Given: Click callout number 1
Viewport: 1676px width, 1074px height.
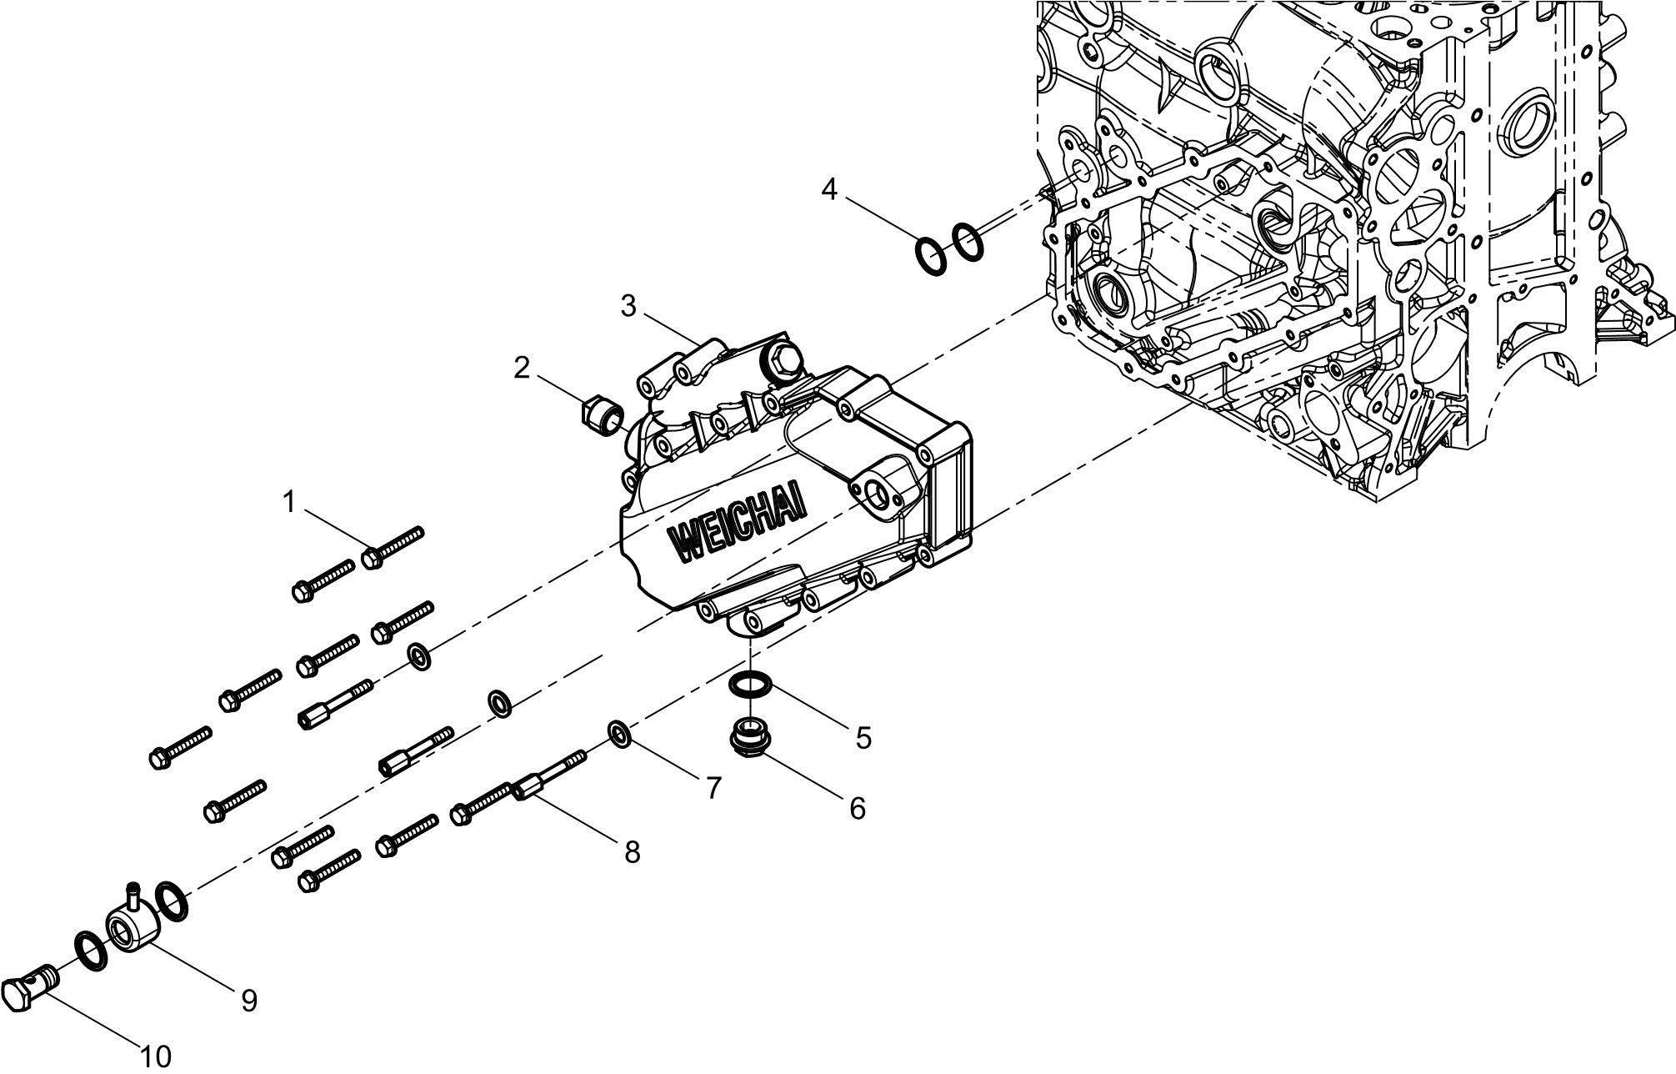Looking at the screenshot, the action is coord(288,503).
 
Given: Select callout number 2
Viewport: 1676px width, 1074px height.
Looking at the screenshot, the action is coord(522,368).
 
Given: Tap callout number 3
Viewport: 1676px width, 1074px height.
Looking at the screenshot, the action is coord(629,307).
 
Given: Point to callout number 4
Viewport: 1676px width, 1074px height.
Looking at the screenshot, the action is coord(828,190).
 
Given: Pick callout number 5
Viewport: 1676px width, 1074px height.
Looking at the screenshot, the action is coord(863,737).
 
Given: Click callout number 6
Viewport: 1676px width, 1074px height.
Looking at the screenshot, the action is coord(858,807).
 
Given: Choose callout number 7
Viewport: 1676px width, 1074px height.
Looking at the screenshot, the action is coord(713,788).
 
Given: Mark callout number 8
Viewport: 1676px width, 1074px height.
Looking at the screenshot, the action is coord(633,851).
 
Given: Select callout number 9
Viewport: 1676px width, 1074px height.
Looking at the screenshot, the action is coord(248,1001).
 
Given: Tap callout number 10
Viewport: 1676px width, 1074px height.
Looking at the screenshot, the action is coord(156,1056).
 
